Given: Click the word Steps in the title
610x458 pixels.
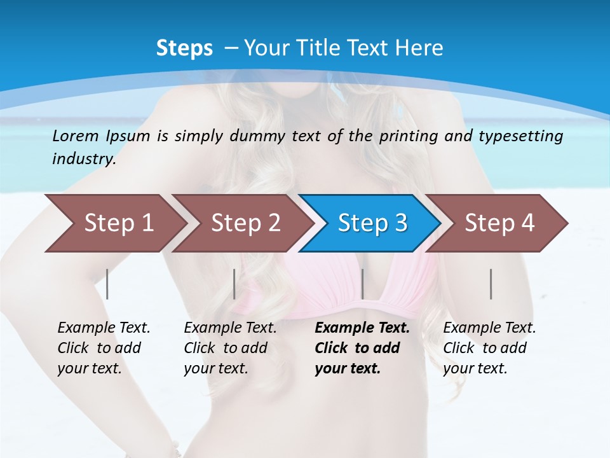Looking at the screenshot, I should pos(184,48).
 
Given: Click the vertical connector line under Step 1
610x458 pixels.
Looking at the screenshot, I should pos(107,284).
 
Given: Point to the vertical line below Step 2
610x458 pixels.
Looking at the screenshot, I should pos(234,284).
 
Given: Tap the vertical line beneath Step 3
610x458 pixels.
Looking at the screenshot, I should pos(362,284).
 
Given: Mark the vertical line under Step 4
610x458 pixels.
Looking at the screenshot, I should pos(491,284).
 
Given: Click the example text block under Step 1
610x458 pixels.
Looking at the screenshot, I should pos(104,348).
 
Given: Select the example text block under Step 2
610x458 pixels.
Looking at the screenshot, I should pos(230,348).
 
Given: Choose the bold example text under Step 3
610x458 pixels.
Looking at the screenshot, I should pos(362,348).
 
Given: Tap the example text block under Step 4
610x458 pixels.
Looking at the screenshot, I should pos(489,348).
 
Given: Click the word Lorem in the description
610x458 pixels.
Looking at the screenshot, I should pos(75,135).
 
